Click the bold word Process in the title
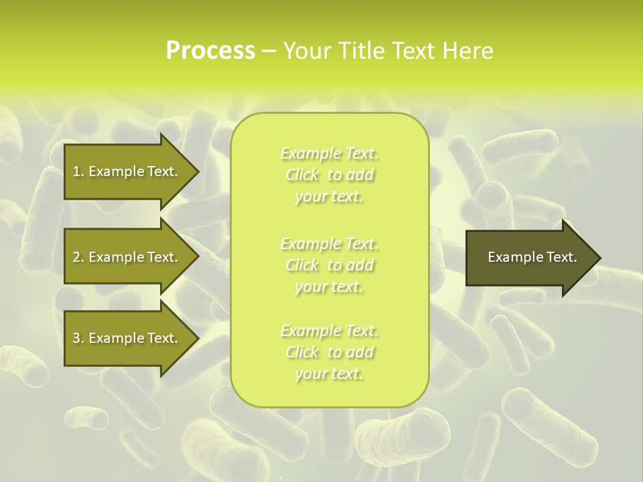tap(210, 51)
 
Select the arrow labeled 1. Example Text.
tap(127, 171)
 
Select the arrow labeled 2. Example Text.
tap(127, 257)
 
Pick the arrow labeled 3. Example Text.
tap(127, 338)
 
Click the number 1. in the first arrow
tap(78, 171)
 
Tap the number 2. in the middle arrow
tap(78, 257)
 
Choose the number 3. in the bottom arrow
tap(78, 338)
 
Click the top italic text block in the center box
tap(330, 175)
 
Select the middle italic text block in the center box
tap(330, 264)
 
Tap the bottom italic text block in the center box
tap(330, 352)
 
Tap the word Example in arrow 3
tap(117, 338)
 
